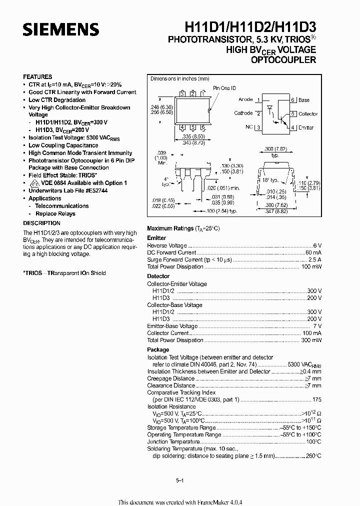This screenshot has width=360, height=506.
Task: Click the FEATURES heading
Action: tap(37, 77)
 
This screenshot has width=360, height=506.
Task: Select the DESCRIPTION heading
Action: tap(41, 223)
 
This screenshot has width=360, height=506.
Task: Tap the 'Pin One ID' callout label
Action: tap(224, 88)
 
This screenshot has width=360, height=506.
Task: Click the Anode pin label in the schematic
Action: tap(245, 99)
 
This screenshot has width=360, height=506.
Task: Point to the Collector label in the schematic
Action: tap(308, 114)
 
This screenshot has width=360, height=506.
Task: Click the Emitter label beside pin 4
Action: tap(306, 128)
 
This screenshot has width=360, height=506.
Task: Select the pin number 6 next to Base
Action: tap(292, 100)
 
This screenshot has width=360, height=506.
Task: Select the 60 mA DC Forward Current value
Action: tap(313, 252)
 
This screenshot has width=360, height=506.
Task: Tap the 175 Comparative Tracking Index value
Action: tap(316, 399)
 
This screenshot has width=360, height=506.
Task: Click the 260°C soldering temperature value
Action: tap(313, 455)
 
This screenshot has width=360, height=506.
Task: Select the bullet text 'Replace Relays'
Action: tap(55, 213)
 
